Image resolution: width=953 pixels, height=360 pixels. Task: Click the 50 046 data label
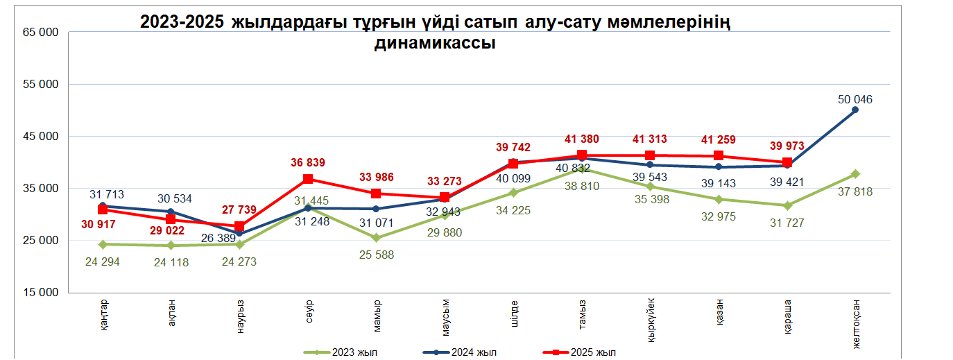(855, 99)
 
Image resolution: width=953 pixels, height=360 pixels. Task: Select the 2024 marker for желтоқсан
(855, 110)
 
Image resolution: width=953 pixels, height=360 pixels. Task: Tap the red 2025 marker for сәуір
(308, 179)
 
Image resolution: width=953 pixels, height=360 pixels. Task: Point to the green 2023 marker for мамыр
(376, 237)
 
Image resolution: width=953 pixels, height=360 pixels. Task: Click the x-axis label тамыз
(581, 312)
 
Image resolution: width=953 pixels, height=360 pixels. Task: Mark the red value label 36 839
(308, 163)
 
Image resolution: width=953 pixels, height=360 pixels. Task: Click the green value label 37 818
(855, 192)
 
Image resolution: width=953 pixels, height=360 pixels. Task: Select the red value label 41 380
(581, 139)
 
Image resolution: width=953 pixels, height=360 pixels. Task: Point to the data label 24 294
(103, 262)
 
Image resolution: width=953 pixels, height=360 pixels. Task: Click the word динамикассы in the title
(435, 43)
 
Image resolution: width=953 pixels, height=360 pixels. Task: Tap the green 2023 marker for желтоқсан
(855, 174)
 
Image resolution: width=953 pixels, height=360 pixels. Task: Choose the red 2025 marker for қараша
(787, 163)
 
